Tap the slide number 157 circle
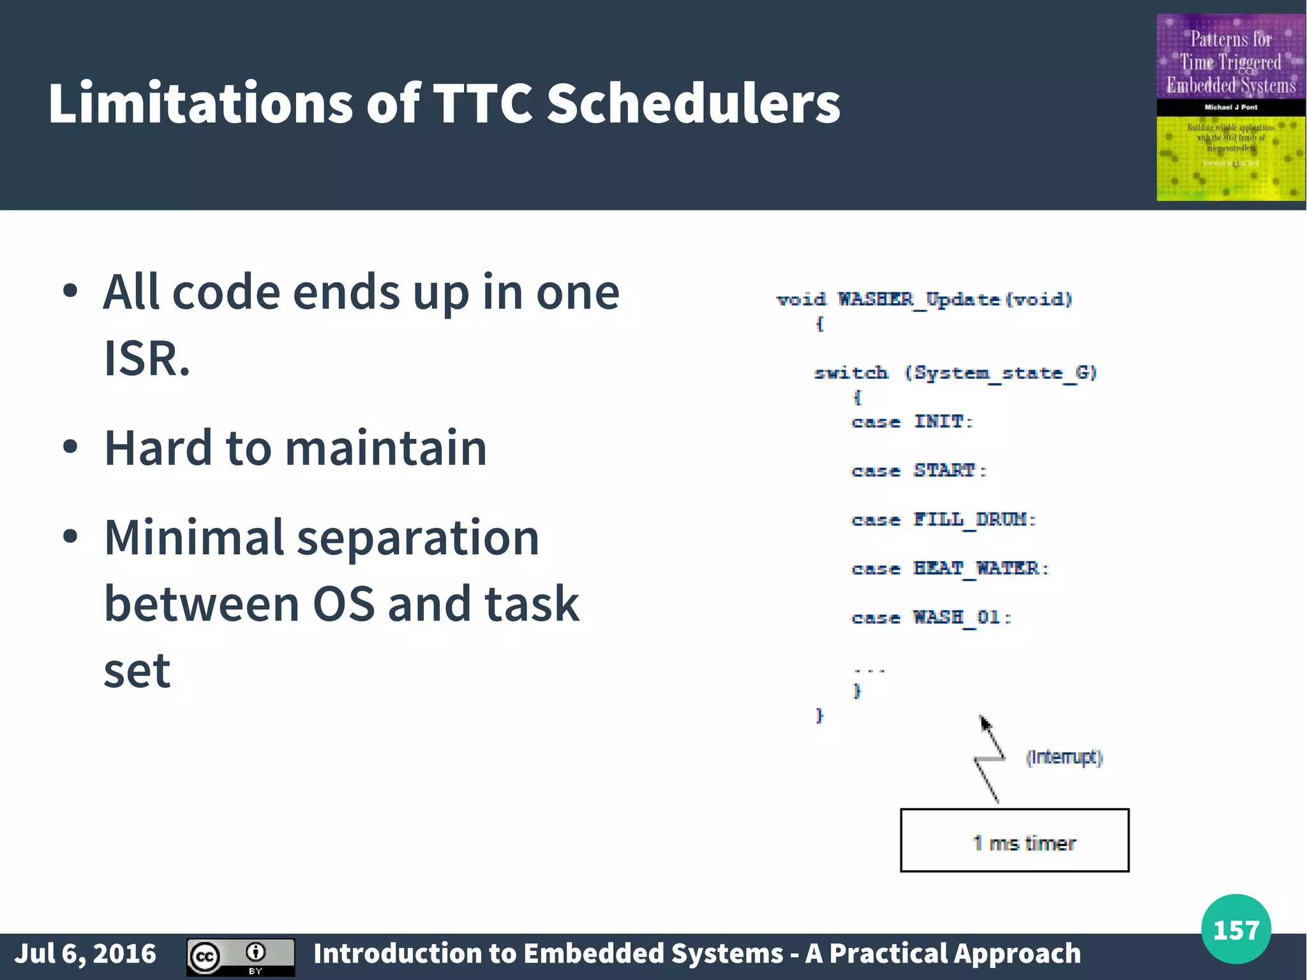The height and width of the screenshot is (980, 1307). pos(1236,929)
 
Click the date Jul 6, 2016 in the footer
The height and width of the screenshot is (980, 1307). pos(85,953)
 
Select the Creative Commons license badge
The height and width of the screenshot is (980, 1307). pos(241,956)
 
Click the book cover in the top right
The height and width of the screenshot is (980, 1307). pos(1230,107)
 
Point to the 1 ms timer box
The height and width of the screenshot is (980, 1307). pos(1014,840)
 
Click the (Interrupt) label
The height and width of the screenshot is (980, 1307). pos(1064,757)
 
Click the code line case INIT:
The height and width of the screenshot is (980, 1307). pos(912,422)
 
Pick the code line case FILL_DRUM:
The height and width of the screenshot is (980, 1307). pos(943,520)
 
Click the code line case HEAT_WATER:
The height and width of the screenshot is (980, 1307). pos(950,568)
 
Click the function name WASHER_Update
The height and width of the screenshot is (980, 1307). pos(918,299)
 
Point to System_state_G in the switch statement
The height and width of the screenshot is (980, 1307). pos(999,373)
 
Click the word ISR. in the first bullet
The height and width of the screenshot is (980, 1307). pos(147,359)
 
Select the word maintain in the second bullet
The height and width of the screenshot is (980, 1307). pos(385,448)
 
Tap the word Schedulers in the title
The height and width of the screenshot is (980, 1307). pos(693,103)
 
